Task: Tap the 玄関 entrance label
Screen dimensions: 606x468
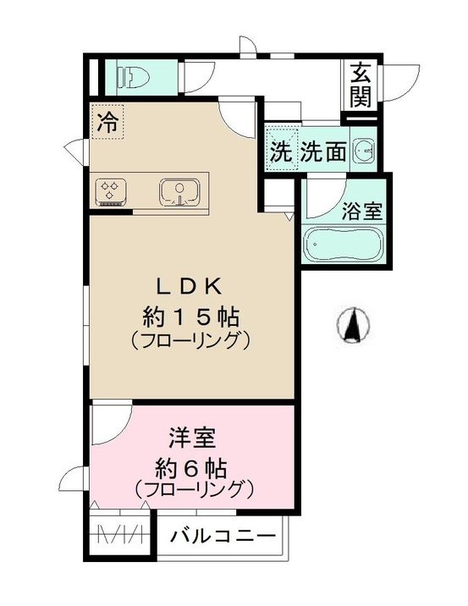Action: click(361, 84)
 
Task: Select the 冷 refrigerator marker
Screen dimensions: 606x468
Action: click(107, 120)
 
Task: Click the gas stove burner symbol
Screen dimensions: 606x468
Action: click(110, 190)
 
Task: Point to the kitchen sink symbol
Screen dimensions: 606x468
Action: click(179, 191)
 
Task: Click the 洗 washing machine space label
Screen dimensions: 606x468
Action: click(280, 152)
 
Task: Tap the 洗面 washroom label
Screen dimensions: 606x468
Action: click(324, 152)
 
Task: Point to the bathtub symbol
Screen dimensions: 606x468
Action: click(344, 246)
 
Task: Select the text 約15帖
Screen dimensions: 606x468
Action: click(190, 318)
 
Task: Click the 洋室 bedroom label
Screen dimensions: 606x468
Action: click(193, 439)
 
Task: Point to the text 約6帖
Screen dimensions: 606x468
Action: click(193, 466)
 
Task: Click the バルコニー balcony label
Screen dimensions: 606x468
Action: click(223, 536)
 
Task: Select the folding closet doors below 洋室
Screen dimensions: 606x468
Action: click(121, 534)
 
